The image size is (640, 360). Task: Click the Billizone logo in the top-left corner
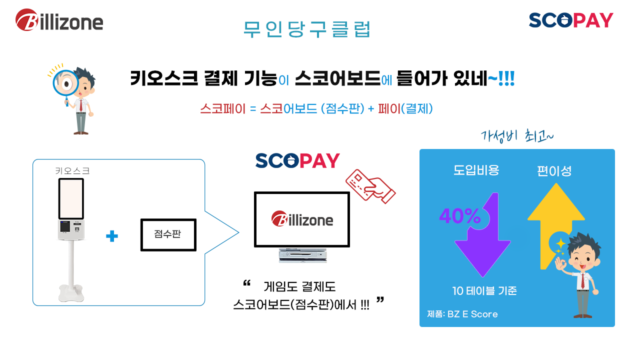coord(59,20)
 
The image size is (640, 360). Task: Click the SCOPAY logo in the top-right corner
coord(571,20)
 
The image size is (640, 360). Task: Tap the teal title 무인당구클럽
coord(306,29)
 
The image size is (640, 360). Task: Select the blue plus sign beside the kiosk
coord(111,236)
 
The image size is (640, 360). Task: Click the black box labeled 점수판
coord(168,234)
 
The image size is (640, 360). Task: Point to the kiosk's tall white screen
coord(71,199)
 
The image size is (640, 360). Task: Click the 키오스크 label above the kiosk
coord(72,171)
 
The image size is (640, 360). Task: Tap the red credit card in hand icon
coord(370,186)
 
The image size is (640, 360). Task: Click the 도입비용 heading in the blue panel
coord(476,170)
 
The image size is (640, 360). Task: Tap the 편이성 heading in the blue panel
coord(554,171)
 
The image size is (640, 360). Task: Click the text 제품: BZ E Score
coord(462,314)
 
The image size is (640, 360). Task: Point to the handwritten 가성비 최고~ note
coord(517,136)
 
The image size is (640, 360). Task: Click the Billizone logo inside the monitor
coord(302,219)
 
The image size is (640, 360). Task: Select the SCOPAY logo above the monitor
coord(297,161)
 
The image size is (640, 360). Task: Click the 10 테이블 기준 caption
coord(484,291)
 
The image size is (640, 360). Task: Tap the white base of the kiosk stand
coord(71,293)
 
